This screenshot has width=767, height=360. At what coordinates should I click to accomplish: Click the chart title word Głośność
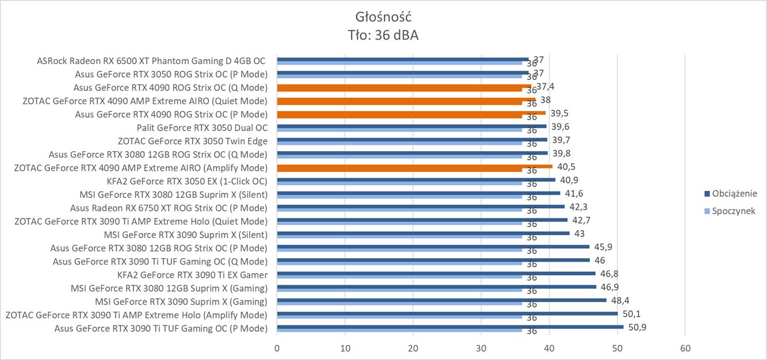(383, 16)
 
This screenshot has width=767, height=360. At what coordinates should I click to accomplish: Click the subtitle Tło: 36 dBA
(383, 35)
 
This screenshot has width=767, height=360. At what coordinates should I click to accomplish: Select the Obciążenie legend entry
(734, 193)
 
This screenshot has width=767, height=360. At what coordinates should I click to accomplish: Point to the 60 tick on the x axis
(685, 348)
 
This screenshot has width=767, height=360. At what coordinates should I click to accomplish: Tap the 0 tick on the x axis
(277, 348)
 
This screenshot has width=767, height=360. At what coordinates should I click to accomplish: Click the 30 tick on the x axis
(481, 348)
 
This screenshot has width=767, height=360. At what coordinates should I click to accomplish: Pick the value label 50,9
(636, 327)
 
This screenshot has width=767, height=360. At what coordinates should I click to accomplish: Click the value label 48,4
(619, 300)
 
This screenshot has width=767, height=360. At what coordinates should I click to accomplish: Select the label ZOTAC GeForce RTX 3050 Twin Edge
(193, 141)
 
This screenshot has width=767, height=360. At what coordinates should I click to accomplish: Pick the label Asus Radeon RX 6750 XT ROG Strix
(169, 208)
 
